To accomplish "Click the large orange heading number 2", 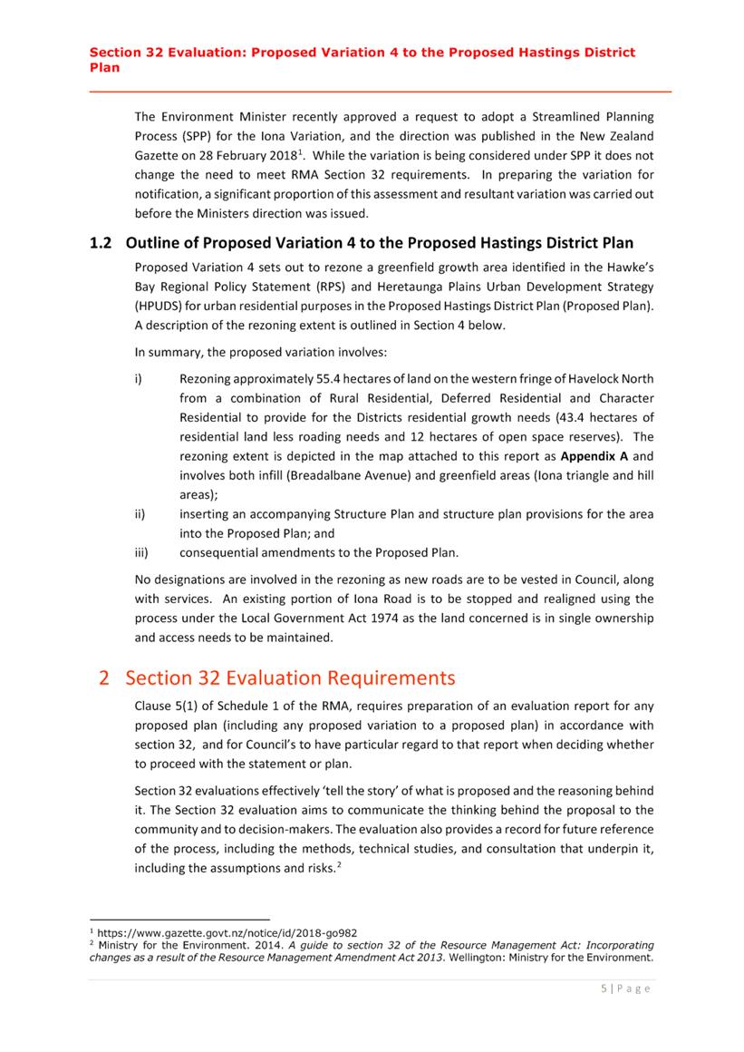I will pos(105,677).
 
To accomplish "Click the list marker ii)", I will pos(140,514).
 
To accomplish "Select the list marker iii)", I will pos(141,552).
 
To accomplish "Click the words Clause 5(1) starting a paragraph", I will pos(170,706).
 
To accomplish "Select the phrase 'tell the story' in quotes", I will pos(341,790).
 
